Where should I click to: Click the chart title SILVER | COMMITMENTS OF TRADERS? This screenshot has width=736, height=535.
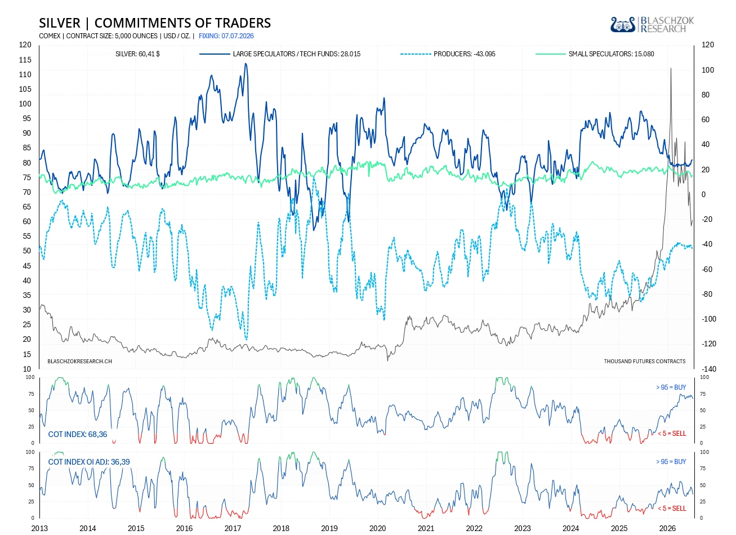pos(155,23)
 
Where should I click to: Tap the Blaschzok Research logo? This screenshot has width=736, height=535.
pos(652,25)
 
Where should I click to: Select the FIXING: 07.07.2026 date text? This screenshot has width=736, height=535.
pos(226,36)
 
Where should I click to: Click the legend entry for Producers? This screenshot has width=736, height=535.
pos(448,54)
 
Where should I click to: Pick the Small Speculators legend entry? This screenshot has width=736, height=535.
pos(595,54)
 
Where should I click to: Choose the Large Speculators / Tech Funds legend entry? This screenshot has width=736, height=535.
pos(280,54)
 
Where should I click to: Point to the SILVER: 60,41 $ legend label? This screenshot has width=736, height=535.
pos(137,54)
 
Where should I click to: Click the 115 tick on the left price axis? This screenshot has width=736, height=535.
pos(25,60)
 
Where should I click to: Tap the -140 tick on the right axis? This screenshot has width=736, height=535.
pos(709,369)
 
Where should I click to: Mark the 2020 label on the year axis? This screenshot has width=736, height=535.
pos(377,528)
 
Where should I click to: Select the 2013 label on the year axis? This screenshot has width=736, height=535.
pos(39,528)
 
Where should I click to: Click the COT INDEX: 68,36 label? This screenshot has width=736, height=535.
pos(78,434)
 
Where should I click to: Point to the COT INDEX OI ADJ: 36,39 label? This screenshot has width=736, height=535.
pos(89,462)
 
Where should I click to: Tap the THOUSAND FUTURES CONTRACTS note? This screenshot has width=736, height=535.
pos(645,361)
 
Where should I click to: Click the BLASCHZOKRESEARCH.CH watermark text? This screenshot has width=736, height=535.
pos(79,361)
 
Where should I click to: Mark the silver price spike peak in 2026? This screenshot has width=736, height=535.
pos(671,68)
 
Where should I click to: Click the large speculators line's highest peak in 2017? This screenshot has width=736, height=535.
pos(246,64)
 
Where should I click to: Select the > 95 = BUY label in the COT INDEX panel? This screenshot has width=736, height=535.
pos(671,387)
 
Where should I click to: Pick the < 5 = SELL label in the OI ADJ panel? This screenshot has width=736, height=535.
pos(672,509)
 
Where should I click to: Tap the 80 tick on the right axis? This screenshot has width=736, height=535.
pos(706,95)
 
